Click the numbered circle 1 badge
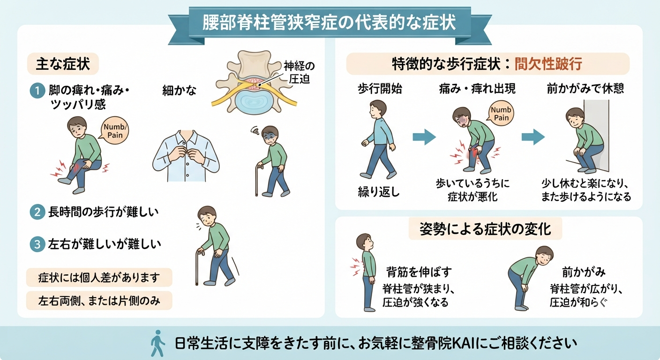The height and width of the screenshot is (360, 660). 37,90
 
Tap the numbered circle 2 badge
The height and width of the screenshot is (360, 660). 37,212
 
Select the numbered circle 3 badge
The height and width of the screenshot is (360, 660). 37,244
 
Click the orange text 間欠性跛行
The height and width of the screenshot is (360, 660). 548,64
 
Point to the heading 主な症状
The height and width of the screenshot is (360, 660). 63,64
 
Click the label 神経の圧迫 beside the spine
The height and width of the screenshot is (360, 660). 299,73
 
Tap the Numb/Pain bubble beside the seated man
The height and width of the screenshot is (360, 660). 115,131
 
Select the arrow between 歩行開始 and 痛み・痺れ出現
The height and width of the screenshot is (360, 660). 424,137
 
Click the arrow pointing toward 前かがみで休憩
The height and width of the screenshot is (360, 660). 533,137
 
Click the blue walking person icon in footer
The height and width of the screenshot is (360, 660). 157,343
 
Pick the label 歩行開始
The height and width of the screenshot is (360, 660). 380,89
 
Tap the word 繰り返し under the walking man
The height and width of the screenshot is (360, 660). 379,192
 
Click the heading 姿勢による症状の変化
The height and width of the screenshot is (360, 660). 485,229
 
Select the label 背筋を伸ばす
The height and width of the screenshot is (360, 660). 419,272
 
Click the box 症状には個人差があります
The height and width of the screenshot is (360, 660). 99,277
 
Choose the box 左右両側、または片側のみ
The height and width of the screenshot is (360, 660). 99,300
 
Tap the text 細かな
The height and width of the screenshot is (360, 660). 179,90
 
